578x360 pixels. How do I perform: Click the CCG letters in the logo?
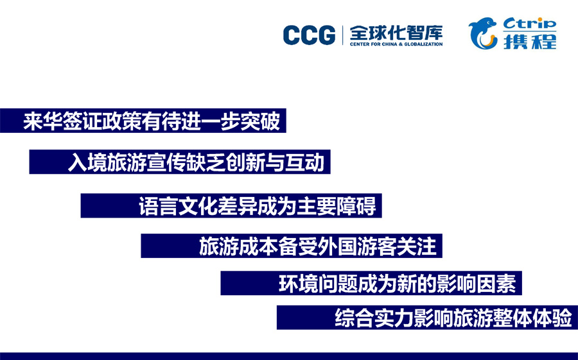pyautogui.click(x=310, y=35)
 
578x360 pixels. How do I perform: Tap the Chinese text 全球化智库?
pyautogui.click(x=396, y=33)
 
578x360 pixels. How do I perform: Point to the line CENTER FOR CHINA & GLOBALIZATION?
pyautogui.click(x=396, y=44)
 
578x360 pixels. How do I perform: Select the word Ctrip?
pyautogui.click(x=530, y=23)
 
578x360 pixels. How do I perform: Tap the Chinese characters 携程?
pyautogui.click(x=530, y=41)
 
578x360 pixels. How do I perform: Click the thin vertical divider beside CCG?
pyautogui.click(x=343, y=35)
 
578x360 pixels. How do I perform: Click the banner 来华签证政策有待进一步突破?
pyautogui.click(x=143, y=121)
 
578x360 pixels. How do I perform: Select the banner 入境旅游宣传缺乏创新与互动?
pyautogui.click(x=180, y=162)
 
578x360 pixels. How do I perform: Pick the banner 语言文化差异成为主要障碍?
pyautogui.click(x=231, y=205)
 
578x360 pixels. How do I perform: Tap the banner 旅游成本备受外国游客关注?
pyautogui.click(x=292, y=246)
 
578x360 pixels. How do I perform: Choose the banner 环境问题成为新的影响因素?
pyautogui.click(x=371, y=283)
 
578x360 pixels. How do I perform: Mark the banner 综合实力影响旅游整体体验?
pyautogui.click(x=427, y=317)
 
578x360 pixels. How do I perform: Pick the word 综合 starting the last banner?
pyautogui.click(x=355, y=318)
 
